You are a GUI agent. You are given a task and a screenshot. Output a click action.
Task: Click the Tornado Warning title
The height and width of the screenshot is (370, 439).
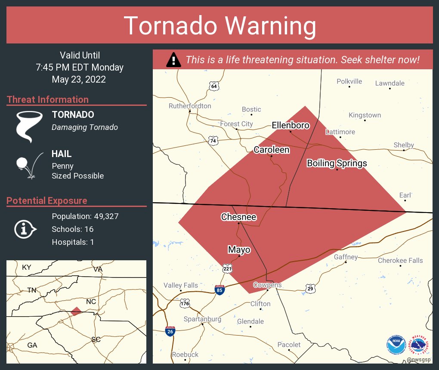tap(219, 25)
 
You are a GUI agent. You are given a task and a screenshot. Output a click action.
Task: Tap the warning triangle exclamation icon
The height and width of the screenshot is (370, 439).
tap(173, 60)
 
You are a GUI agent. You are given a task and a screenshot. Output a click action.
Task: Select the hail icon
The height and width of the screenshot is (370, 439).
tap(28, 165)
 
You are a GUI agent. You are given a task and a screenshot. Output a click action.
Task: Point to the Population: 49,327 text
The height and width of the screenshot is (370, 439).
tap(85, 216)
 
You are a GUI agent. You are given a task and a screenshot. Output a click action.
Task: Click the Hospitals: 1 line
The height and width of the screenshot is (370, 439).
tap(73, 242)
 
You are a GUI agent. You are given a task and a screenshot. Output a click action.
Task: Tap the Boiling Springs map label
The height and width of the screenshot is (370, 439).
tap(337, 163)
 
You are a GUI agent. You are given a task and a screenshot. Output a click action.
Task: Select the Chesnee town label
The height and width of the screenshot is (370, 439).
tap(238, 217)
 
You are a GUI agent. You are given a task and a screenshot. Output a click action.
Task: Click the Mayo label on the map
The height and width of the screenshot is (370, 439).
tap(239, 250)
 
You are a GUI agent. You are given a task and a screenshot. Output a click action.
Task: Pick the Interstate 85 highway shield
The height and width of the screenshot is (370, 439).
tap(219, 289)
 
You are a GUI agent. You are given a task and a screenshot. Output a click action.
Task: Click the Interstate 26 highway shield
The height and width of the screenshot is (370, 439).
tap(170, 331)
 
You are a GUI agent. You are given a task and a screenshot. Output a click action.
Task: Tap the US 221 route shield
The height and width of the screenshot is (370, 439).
tap(228, 268)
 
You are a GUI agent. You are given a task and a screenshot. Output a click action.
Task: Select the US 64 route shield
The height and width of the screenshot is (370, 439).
tap(214, 86)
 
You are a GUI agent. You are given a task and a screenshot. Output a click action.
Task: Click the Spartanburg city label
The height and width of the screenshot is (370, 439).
tap(202, 319)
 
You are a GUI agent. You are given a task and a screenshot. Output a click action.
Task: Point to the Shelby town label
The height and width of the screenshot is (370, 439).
tap(404, 145)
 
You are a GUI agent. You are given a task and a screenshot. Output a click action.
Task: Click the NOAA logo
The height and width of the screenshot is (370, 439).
tap(396, 345)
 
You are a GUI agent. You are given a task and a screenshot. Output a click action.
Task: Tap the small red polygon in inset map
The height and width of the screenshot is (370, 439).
tap(76, 311)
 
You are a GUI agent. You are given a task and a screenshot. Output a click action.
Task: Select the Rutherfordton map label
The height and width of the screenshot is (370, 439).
tap(190, 106)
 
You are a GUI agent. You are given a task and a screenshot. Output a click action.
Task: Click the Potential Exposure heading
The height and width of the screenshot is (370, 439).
tap(47, 200)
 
